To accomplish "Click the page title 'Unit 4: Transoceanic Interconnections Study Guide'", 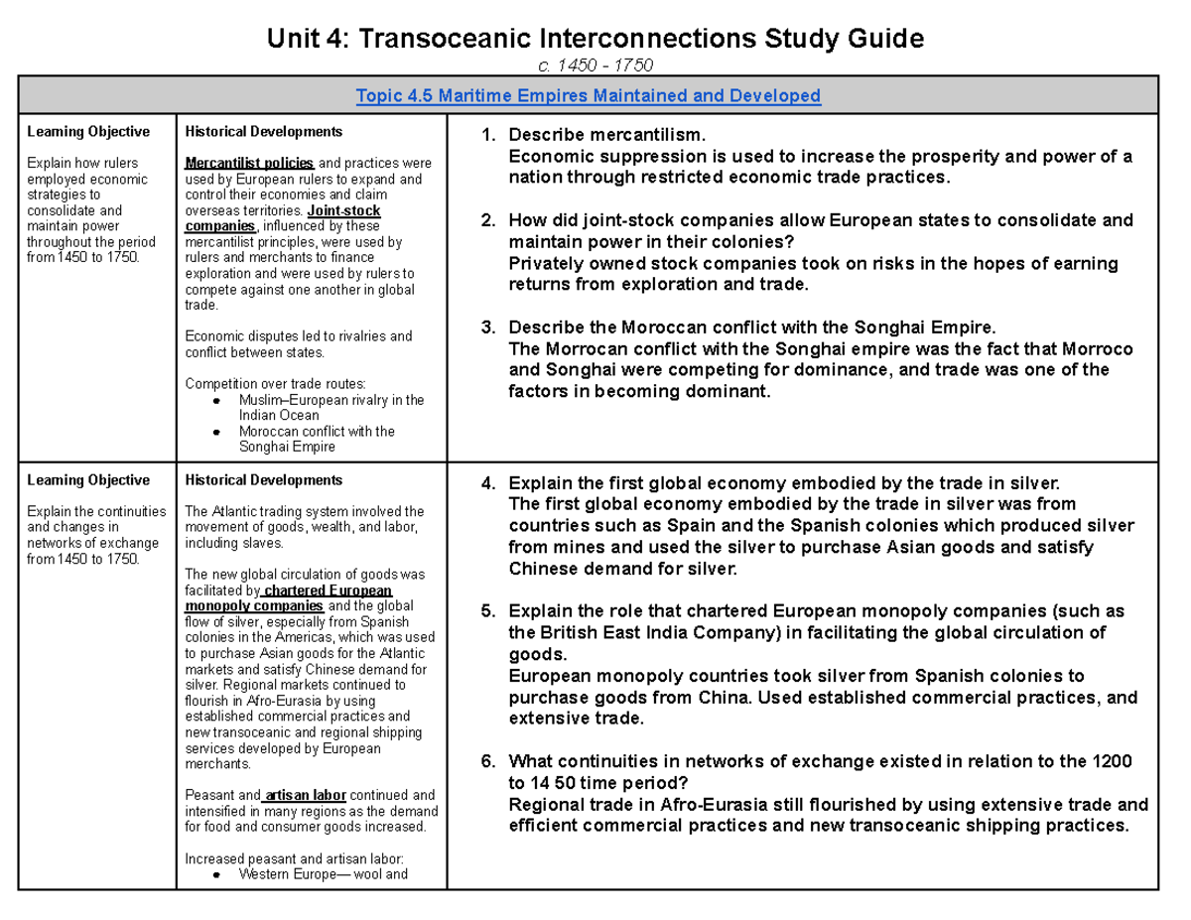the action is point(595,39).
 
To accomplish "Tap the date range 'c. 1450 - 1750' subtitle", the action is point(595,66).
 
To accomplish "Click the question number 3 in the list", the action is point(487,328).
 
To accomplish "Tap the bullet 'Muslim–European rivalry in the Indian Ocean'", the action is point(331,408).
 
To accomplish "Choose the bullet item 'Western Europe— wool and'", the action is point(324,874).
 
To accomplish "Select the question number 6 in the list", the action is point(487,761).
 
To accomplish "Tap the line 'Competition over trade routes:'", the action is point(276,384).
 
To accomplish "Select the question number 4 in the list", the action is point(487,484).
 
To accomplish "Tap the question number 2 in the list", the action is point(487,220).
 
